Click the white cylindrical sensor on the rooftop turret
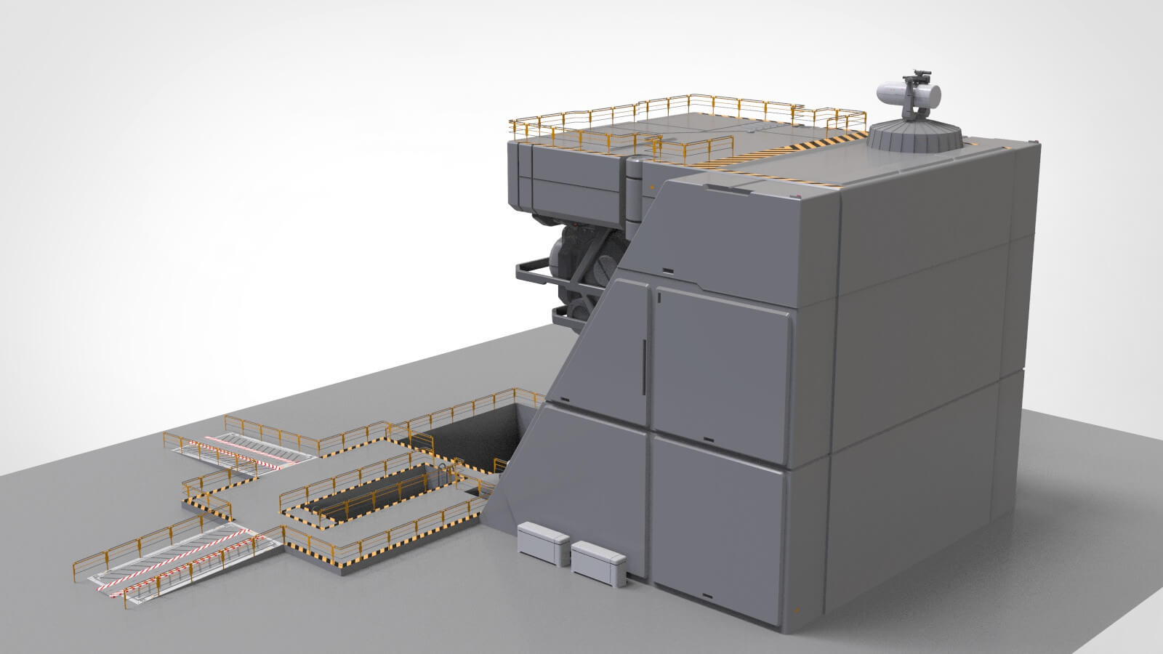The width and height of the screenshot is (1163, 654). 909,93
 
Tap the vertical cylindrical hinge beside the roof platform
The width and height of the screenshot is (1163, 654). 635,190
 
